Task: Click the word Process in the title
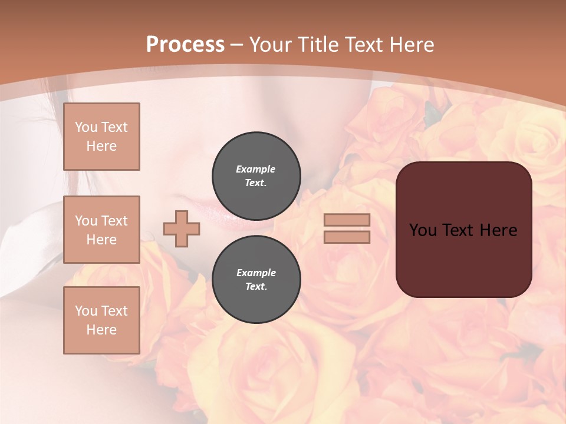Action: coord(185,45)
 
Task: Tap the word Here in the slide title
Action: coord(409,45)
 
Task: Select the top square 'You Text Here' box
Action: coord(101,137)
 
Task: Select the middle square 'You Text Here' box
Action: coord(101,230)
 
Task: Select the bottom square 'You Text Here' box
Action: coord(101,320)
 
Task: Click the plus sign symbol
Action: coord(182,228)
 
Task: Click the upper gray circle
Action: coord(256,175)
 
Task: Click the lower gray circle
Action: coord(256,279)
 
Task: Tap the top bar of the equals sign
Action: coord(347,220)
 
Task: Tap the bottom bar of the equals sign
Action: coord(347,237)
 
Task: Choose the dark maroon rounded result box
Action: coord(463,229)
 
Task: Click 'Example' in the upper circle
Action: coord(256,169)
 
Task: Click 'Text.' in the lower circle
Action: coord(256,287)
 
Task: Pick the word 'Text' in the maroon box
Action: coord(463,230)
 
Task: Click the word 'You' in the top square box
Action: coord(86,127)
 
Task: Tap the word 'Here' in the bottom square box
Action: coord(101,330)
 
